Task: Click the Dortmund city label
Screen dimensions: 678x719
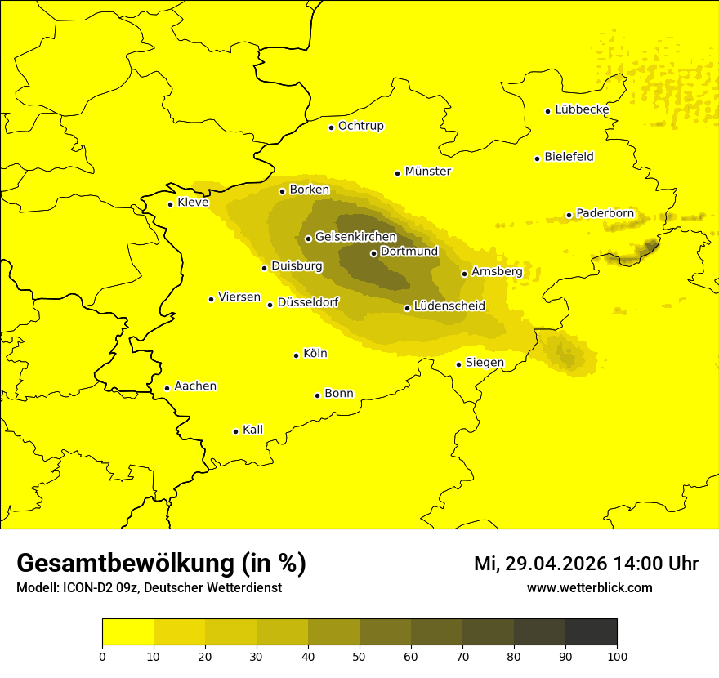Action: [409, 252]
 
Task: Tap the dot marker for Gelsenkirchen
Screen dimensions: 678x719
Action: [308, 239]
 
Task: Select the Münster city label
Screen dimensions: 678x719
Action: [427, 172]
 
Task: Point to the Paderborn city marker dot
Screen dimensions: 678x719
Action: [569, 215]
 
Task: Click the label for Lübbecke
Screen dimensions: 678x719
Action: [582, 109]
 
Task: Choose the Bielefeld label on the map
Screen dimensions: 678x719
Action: [569, 157]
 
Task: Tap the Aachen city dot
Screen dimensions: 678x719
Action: [167, 388]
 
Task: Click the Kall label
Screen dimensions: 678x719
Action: [252, 430]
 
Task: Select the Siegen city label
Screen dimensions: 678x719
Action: [485, 363]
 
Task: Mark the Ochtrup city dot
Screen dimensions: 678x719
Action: [331, 127]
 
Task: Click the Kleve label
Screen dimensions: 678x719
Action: [193, 203]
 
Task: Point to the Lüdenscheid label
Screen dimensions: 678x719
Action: [449, 306]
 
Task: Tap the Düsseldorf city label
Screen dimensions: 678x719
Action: [308, 302]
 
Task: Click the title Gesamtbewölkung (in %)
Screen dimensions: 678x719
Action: [161, 564]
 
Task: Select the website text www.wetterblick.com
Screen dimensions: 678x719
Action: [589, 588]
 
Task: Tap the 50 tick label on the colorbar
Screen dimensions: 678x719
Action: [359, 655]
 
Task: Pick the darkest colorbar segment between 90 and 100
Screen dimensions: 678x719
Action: [591, 632]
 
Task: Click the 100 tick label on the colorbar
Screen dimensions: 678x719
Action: [617, 655]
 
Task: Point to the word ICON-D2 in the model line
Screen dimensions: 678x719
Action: [84, 588]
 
